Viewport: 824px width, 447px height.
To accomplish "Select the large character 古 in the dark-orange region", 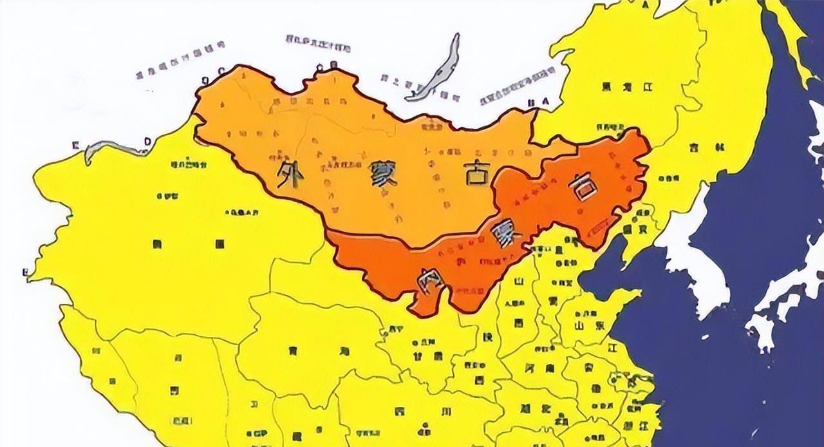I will pos(583,186).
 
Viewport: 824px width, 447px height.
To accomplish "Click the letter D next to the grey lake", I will pos(147,141).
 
